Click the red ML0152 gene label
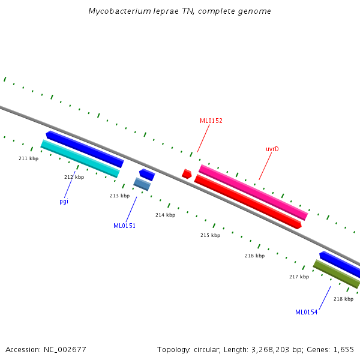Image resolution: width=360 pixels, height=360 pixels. [211, 121]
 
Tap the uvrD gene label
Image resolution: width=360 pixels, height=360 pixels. [272, 149]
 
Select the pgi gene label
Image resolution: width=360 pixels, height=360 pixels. [64, 201]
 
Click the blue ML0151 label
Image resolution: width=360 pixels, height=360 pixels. [124, 226]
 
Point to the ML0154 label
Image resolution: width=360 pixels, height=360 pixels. [306, 312]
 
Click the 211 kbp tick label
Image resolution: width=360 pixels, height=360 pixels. [28, 158]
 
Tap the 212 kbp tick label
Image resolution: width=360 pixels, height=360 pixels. [74, 177]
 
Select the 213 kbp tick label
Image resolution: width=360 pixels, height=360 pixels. [119, 196]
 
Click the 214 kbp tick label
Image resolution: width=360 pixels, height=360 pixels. [165, 215]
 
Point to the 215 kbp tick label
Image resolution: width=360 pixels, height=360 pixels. [210, 235]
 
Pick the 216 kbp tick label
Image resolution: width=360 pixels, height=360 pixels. [254, 256]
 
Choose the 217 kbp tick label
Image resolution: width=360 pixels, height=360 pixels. [299, 277]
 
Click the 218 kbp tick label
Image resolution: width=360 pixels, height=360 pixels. [343, 299]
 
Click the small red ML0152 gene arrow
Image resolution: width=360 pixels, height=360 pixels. [187, 174]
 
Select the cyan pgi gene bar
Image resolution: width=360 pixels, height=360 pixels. [80, 158]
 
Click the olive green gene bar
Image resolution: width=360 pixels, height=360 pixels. [336, 274]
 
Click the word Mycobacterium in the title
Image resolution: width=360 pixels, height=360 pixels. [118, 11]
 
